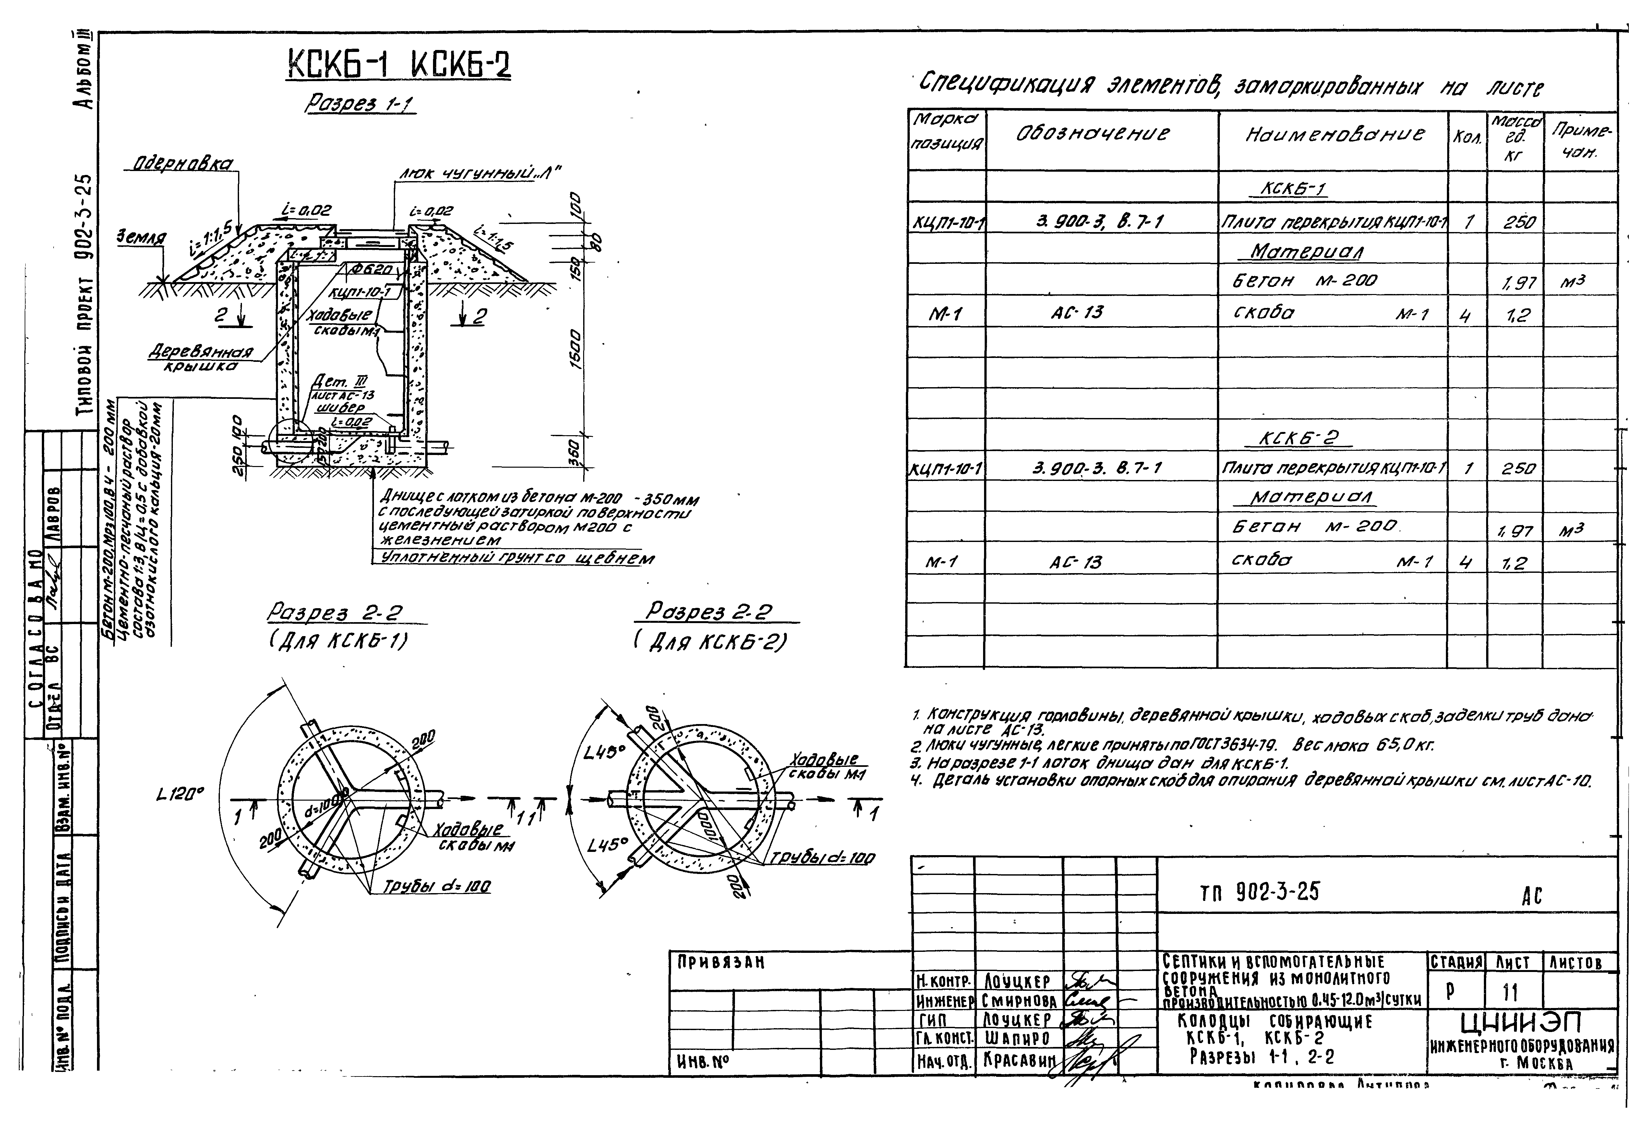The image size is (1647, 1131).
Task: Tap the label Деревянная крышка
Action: [x=201, y=358]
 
